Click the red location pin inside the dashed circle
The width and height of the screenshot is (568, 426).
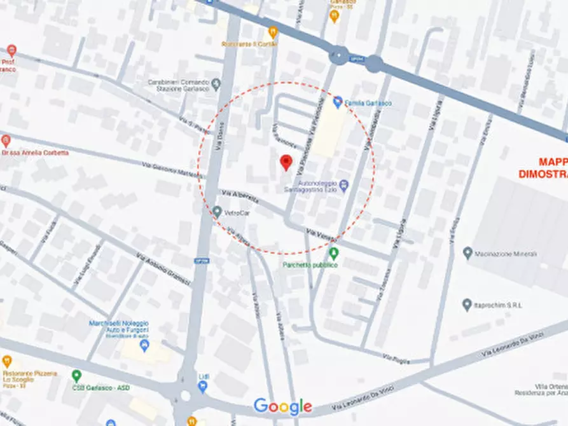coord(286,162)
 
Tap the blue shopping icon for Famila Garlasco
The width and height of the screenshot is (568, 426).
coord(338,102)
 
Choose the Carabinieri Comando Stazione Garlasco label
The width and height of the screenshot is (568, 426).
coord(179,86)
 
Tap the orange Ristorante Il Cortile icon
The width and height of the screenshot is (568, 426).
coord(274,31)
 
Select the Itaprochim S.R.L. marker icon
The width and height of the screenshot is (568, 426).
coord(468,305)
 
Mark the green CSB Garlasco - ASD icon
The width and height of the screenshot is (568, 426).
coord(76,376)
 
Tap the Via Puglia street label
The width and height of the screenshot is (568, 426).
coord(396,357)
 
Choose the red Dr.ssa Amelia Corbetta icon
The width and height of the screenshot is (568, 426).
coord(6,141)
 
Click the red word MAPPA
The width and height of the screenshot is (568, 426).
coord(552,161)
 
